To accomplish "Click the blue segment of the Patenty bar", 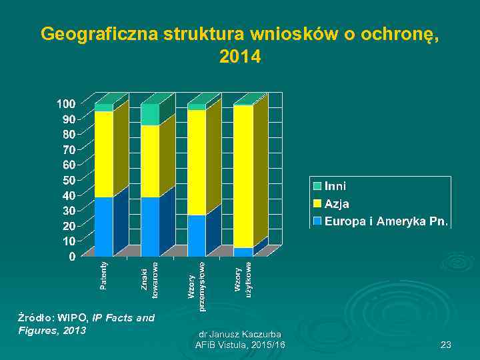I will click(104, 227).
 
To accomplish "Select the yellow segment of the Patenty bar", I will click(104, 154).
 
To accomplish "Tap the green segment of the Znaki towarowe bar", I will click(150, 115).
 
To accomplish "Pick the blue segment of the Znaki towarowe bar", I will click(150, 227).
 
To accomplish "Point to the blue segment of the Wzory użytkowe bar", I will click(243, 252).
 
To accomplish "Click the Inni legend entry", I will click(335, 186).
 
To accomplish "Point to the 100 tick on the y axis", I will click(66, 104).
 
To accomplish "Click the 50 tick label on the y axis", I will click(69, 180).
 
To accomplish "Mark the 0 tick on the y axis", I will click(72, 257).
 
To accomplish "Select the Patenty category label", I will click(104, 275).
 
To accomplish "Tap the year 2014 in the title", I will click(240, 58).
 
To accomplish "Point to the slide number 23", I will click(446, 345).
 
